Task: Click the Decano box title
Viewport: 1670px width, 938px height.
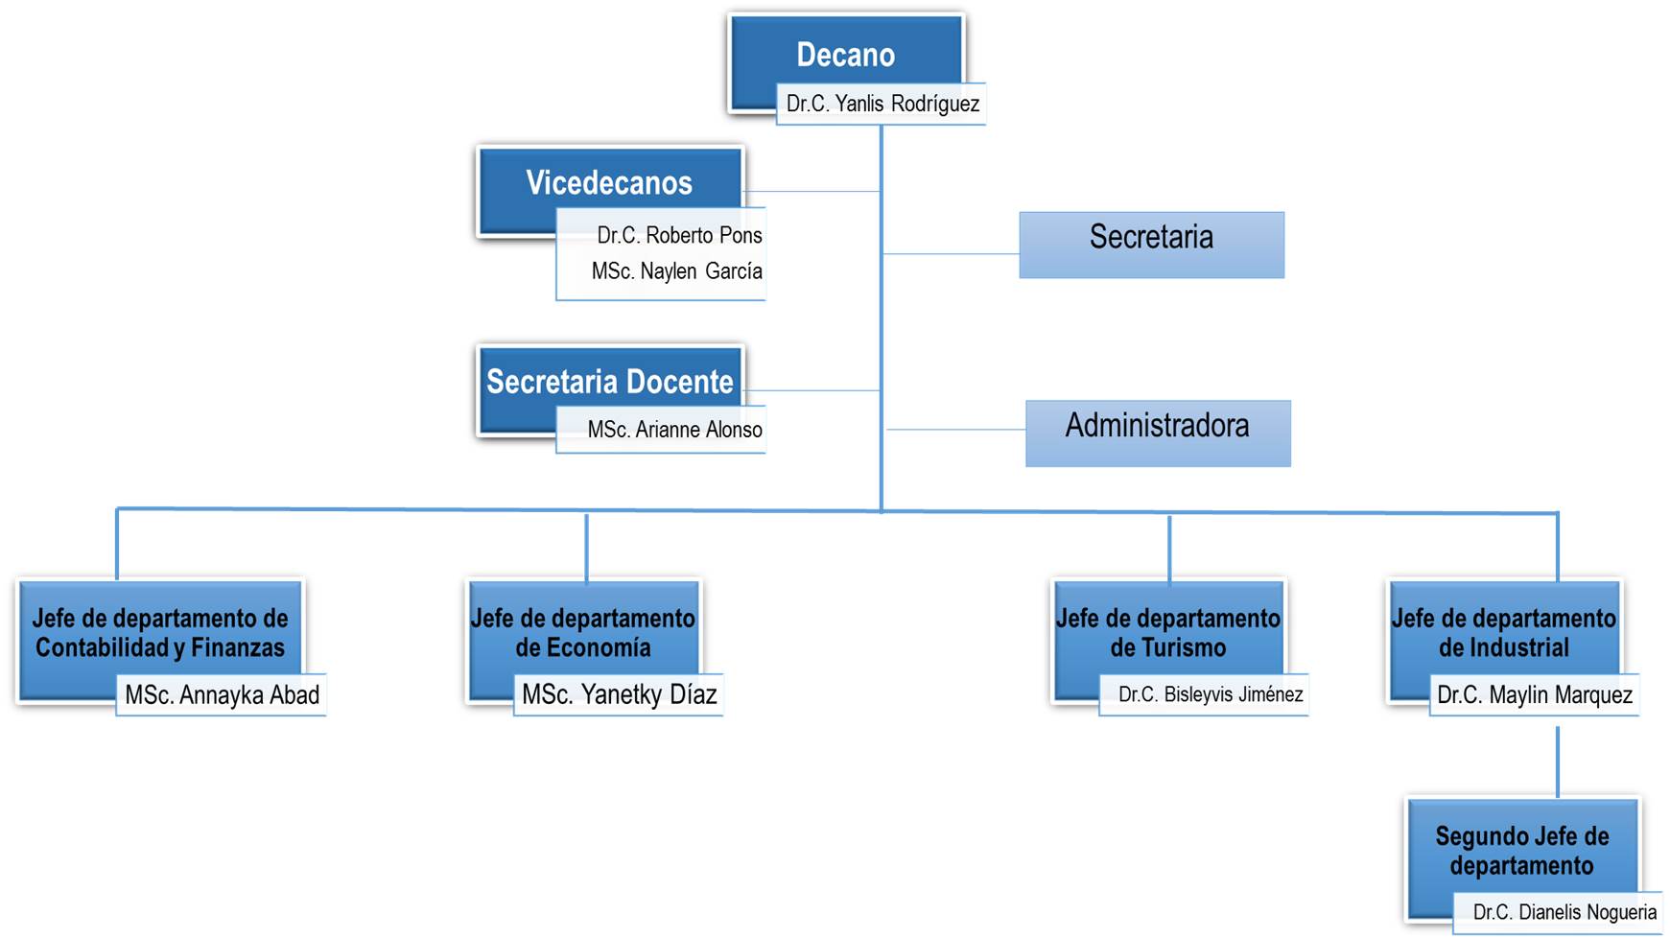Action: [845, 55]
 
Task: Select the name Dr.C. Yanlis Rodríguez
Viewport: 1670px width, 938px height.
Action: [882, 104]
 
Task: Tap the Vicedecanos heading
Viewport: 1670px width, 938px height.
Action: [609, 182]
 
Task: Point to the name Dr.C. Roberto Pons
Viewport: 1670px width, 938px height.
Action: [679, 235]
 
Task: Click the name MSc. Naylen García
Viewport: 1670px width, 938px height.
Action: [676, 271]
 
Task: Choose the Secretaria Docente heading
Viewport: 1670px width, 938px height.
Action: [609, 382]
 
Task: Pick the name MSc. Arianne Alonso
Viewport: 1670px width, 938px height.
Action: [674, 430]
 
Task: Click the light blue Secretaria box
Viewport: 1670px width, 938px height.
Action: [1151, 245]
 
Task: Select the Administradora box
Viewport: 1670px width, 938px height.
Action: [1158, 433]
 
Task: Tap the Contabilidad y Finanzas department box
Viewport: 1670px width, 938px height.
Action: [160, 633]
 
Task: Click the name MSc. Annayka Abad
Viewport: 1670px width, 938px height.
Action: [222, 695]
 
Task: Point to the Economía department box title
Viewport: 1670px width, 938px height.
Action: [583, 633]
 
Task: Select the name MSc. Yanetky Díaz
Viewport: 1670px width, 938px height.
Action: [619, 695]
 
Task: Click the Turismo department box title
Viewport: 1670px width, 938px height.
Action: [1168, 633]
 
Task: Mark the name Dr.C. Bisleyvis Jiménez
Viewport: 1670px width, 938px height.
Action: [1210, 695]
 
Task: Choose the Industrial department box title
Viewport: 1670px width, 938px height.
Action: [1503, 633]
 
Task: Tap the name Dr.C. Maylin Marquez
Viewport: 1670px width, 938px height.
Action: [1534, 695]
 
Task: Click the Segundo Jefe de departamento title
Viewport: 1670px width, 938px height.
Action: [1522, 851]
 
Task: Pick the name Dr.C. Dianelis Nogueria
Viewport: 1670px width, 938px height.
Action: [1564, 913]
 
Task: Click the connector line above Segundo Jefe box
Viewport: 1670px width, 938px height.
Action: [1557, 762]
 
